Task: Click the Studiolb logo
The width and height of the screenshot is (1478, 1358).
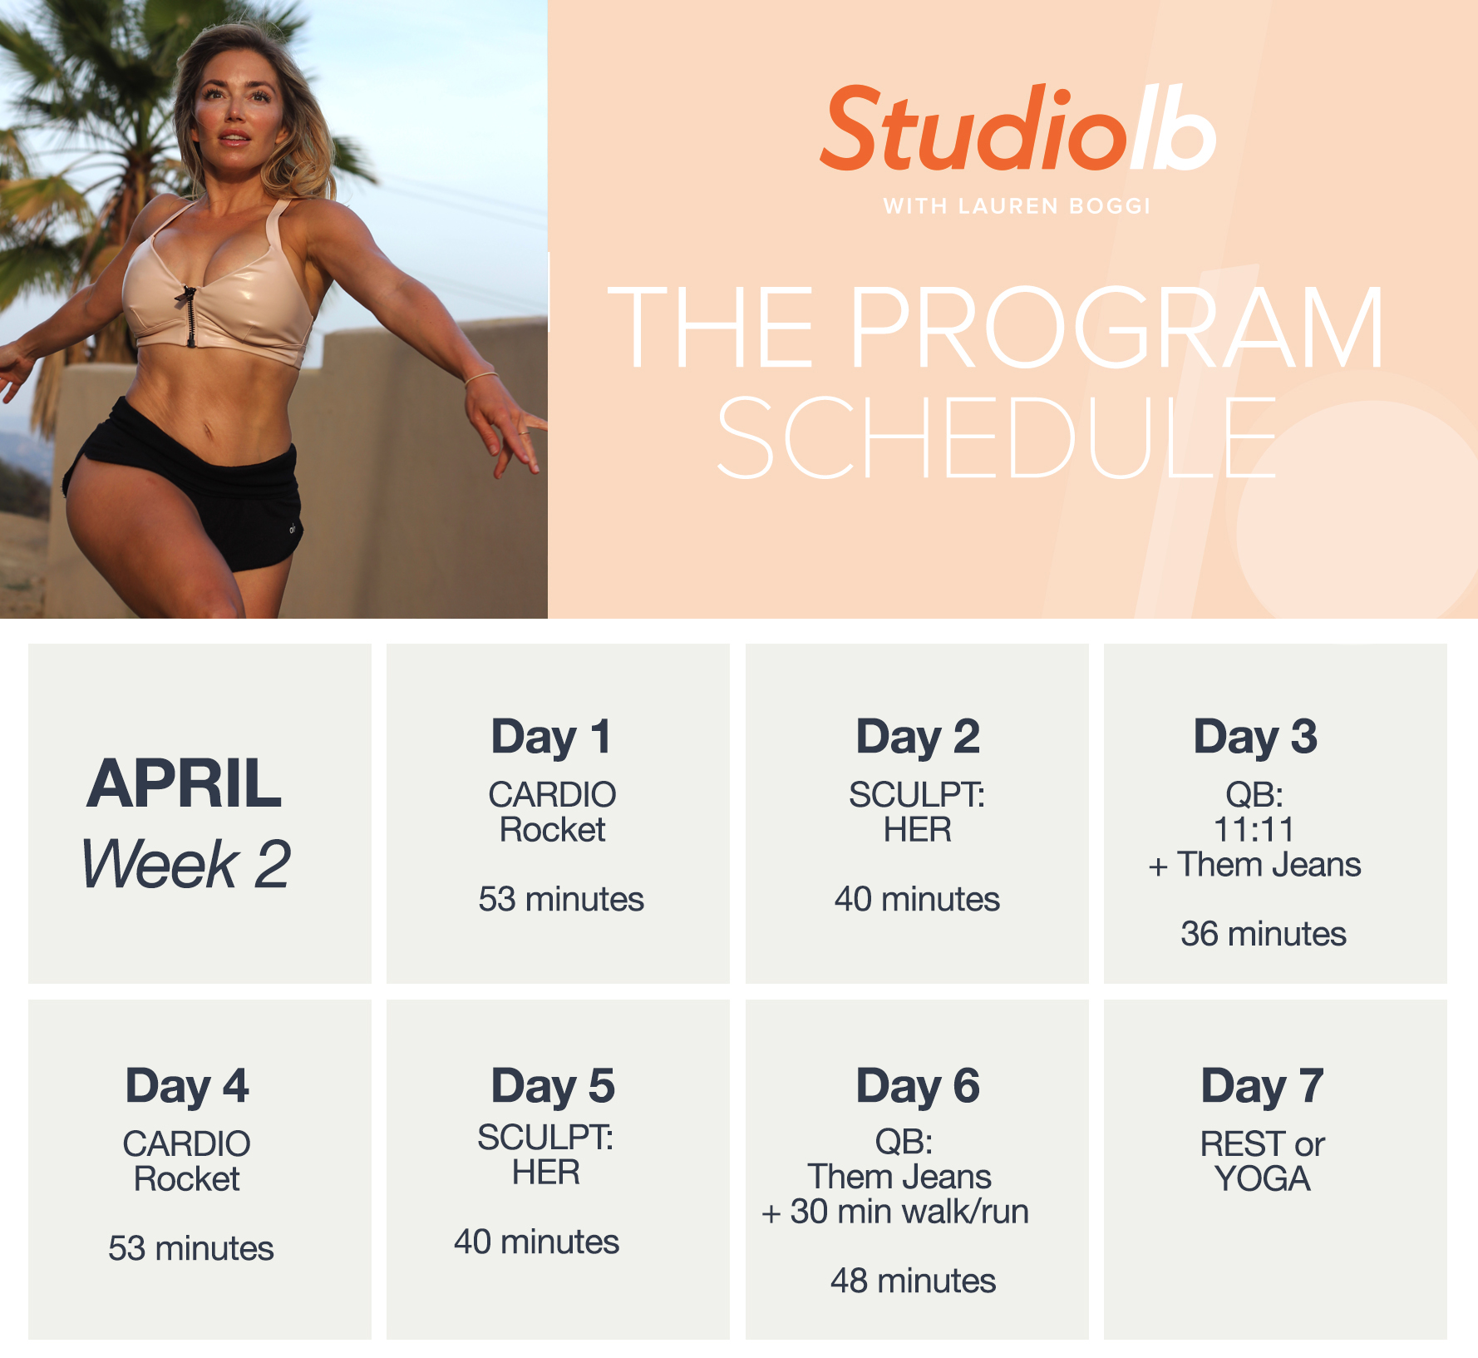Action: click(1017, 130)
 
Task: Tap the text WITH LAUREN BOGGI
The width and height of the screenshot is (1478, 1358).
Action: click(1017, 206)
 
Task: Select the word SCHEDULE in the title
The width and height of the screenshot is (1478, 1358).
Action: click(996, 437)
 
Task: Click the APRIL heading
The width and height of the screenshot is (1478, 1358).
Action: click(185, 783)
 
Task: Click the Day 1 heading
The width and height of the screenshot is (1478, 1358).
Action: click(551, 737)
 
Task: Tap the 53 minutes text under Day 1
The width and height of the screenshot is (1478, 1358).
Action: click(561, 899)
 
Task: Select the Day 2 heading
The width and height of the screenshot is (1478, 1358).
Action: click(918, 737)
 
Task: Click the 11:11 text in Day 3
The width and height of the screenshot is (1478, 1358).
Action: click(1254, 830)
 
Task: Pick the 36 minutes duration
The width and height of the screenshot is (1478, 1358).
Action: click(1263, 934)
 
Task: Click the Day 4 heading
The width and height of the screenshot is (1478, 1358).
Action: click(187, 1086)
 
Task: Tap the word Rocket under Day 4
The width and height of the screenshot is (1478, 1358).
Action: click(187, 1179)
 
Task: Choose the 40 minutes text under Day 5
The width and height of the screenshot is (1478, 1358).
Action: click(536, 1242)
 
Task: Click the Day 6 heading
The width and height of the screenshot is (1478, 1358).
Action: click(918, 1086)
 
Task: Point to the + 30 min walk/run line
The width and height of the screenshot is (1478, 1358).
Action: click(895, 1212)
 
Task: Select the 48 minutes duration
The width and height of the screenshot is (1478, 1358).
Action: click(913, 1281)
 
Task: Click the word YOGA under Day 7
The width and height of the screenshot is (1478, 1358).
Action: click(1262, 1179)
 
